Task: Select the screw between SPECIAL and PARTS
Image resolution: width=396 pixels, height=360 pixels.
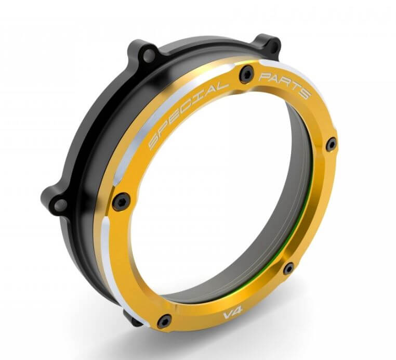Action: (245, 76)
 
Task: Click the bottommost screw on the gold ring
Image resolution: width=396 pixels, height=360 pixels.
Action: (165, 322)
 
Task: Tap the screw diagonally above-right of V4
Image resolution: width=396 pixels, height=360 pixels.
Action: (288, 268)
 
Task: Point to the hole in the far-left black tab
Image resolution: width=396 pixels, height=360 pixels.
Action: (59, 204)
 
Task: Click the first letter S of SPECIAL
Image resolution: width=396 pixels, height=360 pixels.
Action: (154, 142)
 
